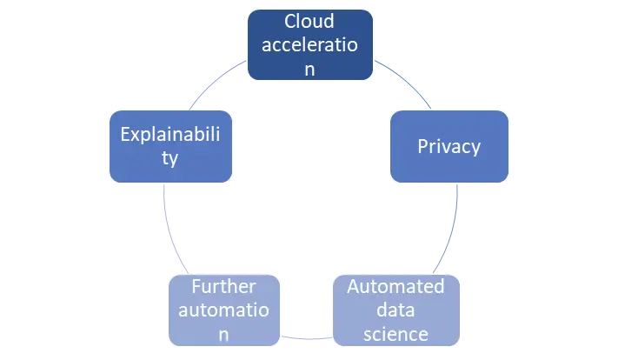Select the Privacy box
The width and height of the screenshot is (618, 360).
(449, 146)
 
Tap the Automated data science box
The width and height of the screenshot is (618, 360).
(395, 310)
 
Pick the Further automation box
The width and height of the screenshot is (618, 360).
(225, 310)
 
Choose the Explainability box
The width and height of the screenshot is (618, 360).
(169, 146)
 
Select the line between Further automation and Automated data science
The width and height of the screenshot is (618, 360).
(307, 336)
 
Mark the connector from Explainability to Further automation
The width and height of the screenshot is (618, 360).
(171, 230)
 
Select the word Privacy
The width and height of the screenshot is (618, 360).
(449, 146)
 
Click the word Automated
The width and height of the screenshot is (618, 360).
(395, 286)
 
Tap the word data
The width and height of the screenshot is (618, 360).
(395, 310)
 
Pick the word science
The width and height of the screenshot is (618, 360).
(395, 333)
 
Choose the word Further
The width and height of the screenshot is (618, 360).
(225, 286)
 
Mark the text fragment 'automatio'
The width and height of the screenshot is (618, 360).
(225, 310)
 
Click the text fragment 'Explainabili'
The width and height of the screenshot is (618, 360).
(169, 135)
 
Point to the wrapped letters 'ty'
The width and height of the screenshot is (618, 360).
(169, 158)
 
